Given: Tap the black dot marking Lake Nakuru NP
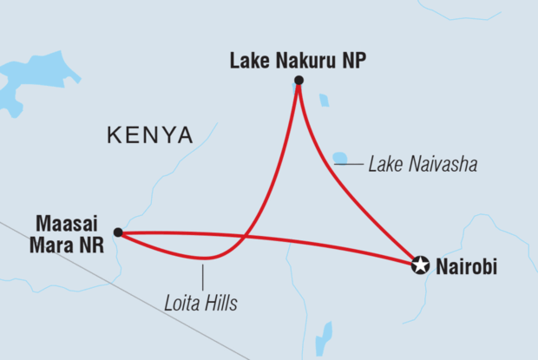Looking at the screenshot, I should click(x=299, y=81).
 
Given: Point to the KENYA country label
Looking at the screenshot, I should click(x=148, y=134).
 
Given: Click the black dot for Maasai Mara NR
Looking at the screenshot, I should click(x=118, y=233).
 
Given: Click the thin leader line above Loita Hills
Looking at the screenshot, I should click(x=202, y=277).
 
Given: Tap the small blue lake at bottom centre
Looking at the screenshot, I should click(x=323, y=337).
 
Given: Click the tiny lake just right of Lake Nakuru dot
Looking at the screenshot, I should click(x=325, y=101).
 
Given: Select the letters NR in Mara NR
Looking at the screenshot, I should click(x=89, y=245).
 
